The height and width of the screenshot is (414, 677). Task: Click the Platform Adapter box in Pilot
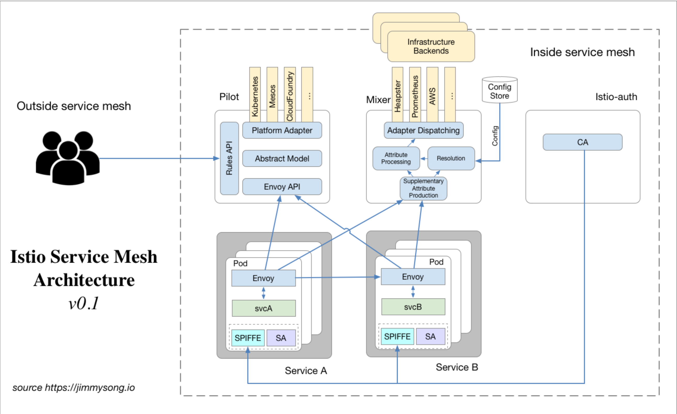tap(282, 130)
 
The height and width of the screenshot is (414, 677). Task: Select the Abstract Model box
tap(282, 159)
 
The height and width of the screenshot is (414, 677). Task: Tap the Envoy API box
tap(282, 187)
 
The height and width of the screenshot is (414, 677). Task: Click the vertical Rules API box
tap(229, 158)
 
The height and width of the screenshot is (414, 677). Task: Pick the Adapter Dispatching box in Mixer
tap(423, 130)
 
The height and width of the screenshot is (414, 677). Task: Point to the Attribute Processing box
tap(396, 158)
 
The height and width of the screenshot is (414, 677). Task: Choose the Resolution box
tap(451, 158)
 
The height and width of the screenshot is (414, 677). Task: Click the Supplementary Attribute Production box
tap(423, 188)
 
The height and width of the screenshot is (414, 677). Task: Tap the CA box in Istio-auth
tap(582, 142)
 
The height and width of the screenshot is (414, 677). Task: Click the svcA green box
tap(263, 308)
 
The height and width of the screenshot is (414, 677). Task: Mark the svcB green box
tap(413, 307)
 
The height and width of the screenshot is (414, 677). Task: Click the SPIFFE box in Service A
tap(248, 338)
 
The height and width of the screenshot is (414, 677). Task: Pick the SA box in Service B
tap(430, 336)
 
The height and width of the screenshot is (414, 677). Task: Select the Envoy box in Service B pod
tap(413, 277)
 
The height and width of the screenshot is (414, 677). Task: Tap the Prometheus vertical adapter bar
tap(415, 95)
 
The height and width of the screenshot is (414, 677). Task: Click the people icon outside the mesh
tap(68, 158)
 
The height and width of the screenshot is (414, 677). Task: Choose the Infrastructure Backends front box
tap(431, 46)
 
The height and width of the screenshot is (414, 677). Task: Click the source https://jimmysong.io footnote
tap(74, 387)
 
